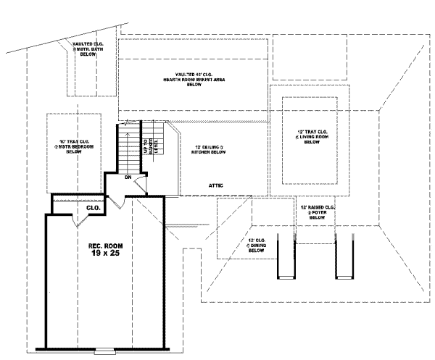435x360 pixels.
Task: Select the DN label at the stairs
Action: [x=128, y=177]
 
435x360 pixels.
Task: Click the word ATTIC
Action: [x=216, y=185]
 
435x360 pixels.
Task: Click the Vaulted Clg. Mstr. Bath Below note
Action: [x=91, y=49]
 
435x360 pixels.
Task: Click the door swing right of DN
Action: [x=144, y=185]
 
